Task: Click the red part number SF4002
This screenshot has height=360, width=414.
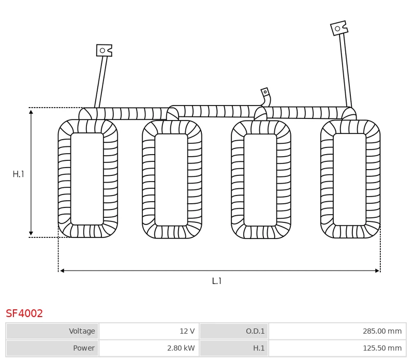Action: (24, 313)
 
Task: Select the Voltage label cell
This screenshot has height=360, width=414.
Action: (53, 331)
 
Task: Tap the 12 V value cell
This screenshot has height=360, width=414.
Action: (149, 331)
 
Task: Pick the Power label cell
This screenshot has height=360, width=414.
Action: (53, 348)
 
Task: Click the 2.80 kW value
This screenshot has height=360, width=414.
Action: (181, 348)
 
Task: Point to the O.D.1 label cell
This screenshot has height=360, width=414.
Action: (234, 331)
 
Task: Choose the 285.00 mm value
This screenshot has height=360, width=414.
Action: (382, 331)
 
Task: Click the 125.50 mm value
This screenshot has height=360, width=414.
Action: (382, 348)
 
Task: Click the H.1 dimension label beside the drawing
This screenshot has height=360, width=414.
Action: (18, 174)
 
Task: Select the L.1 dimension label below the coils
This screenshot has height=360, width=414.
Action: (216, 281)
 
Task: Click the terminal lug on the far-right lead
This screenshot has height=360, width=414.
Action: (339, 28)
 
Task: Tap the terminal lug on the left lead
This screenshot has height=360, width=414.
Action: (104, 50)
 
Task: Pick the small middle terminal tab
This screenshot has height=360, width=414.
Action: (265, 93)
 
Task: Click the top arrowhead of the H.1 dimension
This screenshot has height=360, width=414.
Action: (31, 112)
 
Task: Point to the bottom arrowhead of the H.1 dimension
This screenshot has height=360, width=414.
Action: (31, 233)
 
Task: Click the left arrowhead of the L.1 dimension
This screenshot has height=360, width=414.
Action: (62, 271)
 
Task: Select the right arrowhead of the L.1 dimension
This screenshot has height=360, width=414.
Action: (377, 271)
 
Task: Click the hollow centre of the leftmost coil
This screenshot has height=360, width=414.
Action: (87, 179)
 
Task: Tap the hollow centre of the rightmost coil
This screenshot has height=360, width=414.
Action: (350, 179)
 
